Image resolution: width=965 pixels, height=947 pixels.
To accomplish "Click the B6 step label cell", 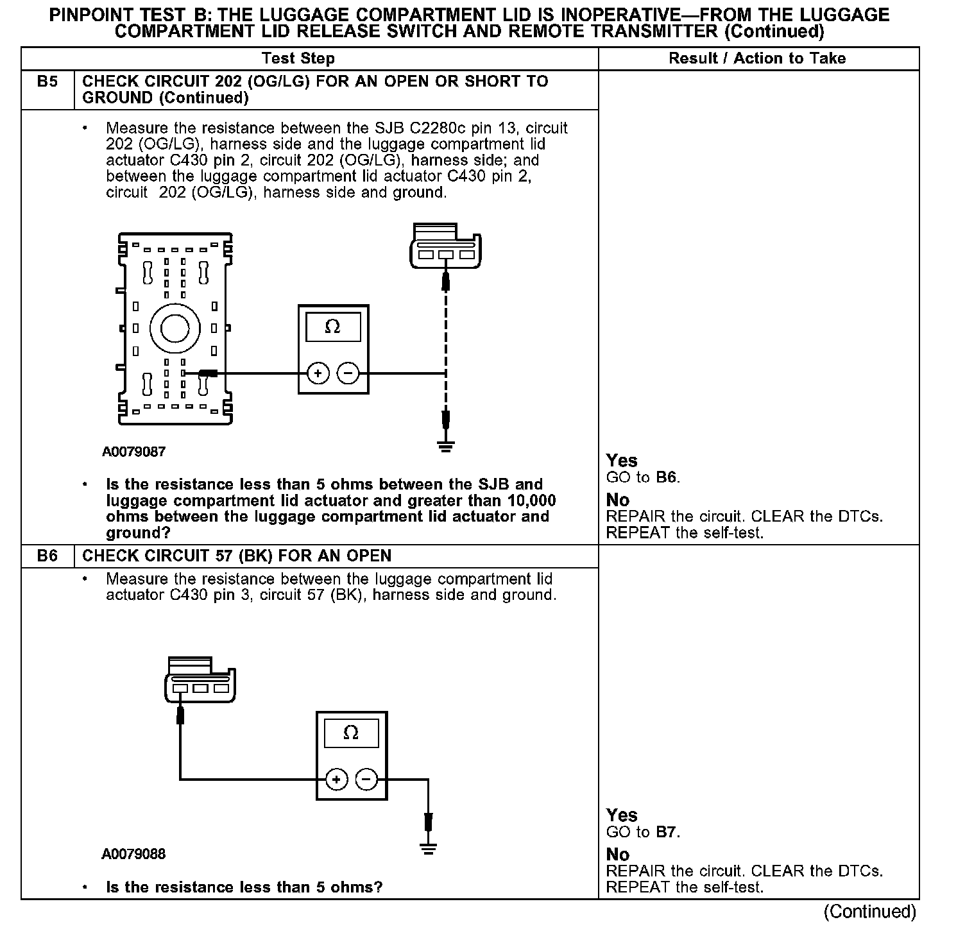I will [x=47, y=556].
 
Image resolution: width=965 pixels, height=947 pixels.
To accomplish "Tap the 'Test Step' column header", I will [x=298, y=58].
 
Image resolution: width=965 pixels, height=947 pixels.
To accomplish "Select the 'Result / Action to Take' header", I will [x=757, y=58].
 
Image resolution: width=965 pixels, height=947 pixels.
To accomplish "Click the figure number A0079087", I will [x=133, y=452].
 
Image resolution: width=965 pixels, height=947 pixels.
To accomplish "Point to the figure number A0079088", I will [x=133, y=854].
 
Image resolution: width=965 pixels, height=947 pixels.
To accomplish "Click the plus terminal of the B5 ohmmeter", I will [x=318, y=373].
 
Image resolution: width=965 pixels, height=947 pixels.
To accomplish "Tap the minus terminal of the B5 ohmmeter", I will [x=348, y=373].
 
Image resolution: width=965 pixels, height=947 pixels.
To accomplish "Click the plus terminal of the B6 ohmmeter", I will [x=337, y=780].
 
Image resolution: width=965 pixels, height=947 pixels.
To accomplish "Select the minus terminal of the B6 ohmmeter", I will [x=366, y=780].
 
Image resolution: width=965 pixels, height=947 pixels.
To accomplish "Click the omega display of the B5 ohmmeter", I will [x=333, y=327].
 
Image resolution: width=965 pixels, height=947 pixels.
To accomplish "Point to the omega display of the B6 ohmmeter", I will [x=351, y=733].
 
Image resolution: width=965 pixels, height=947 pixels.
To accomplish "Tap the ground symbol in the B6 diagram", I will [x=429, y=850].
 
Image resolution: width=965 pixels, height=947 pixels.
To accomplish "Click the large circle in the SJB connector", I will [x=175, y=329].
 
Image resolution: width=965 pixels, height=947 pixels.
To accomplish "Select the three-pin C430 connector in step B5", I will [x=445, y=246].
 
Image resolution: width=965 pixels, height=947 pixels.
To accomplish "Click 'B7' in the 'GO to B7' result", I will [x=667, y=832].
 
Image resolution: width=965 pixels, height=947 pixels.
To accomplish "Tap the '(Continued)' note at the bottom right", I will [x=869, y=912].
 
